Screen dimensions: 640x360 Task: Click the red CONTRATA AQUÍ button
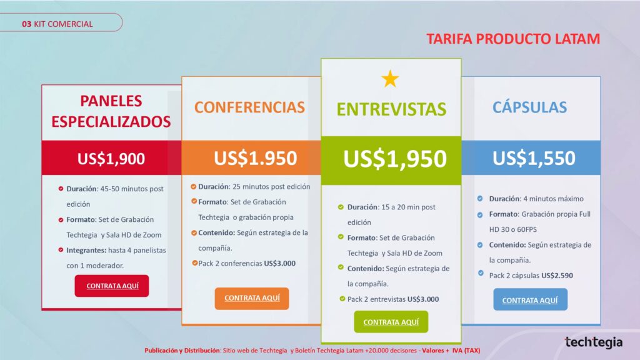point(112,286)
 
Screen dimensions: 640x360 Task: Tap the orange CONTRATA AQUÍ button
point(252,298)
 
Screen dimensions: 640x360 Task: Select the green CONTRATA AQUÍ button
point(391,322)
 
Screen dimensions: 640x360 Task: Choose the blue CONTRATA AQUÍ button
point(530,299)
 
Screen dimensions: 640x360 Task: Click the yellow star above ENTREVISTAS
point(390,79)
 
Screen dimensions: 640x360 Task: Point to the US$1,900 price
point(111,158)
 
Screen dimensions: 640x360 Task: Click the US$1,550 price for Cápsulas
point(534,158)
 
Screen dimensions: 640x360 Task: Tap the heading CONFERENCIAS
point(249,107)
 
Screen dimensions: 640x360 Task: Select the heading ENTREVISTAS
point(391,109)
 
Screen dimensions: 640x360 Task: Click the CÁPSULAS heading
point(529,107)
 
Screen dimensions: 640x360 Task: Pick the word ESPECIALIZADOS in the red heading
point(111,122)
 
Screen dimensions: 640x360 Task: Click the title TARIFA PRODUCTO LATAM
point(514,39)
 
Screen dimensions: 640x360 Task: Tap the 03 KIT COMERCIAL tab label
point(57,24)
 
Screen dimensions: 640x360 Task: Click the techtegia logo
point(594,342)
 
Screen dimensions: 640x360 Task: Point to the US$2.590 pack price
point(557,276)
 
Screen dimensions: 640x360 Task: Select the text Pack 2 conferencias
point(230,263)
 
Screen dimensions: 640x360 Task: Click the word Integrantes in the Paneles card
point(86,251)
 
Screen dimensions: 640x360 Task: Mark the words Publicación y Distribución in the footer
point(182,351)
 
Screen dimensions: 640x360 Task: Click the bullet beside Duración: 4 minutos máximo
point(480,199)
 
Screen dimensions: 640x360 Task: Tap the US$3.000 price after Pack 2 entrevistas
point(423,299)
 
